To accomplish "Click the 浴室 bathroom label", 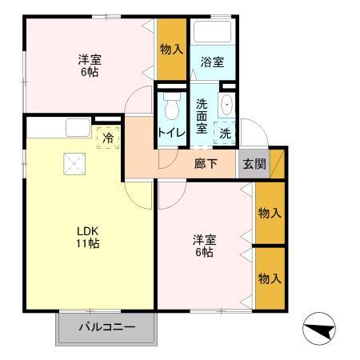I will pyautogui.click(x=212, y=62).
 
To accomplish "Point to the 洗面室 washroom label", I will pyautogui.click(x=202, y=114).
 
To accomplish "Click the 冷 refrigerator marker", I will pyautogui.click(x=107, y=137).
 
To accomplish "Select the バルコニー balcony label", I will pyautogui.click(x=106, y=327).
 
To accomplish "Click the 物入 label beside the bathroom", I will pyautogui.click(x=172, y=50).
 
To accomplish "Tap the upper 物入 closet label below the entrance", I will pyautogui.click(x=270, y=213).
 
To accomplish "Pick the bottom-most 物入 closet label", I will pyautogui.click(x=270, y=278).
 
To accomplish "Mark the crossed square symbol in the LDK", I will pyautogui.click(x=76, y=165).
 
